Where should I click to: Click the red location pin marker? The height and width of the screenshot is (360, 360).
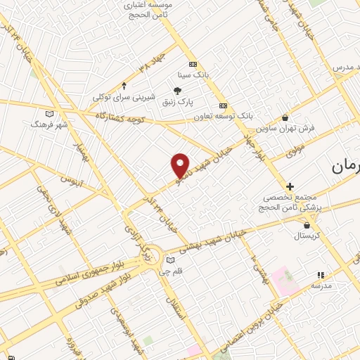pos(181,165)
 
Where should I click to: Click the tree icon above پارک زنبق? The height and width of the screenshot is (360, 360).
pos(177,91)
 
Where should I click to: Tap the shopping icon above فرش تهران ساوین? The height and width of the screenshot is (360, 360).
pos(284,117)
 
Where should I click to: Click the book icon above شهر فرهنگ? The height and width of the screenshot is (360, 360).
pos(49,113)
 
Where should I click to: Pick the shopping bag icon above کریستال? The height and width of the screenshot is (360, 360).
pos(307,225)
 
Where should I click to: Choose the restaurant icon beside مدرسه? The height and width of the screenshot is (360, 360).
pos(321,275)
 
